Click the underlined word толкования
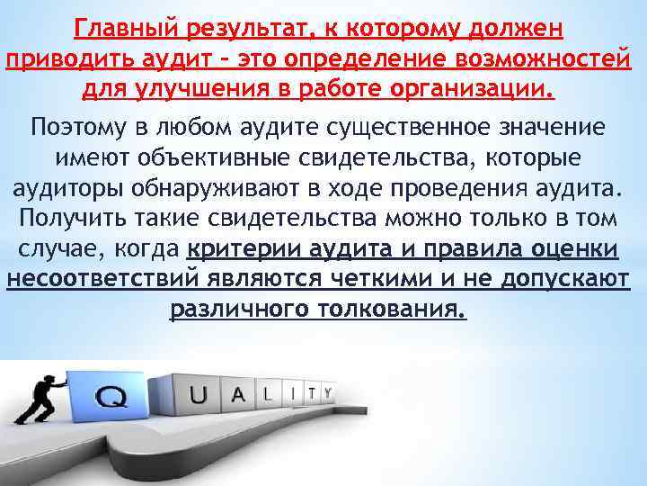[393, 310]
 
